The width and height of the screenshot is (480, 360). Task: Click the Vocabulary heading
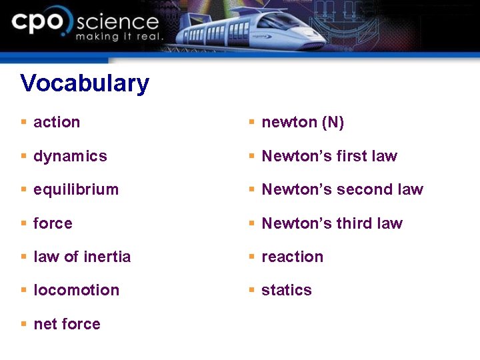85,83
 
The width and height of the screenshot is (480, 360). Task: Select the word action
57,122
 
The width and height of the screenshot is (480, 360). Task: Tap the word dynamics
70,156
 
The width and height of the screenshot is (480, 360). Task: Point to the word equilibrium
76,189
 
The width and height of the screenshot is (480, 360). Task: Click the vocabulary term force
53,223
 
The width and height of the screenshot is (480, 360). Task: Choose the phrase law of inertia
82,257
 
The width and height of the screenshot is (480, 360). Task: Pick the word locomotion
76,290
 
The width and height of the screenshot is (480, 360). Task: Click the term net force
67,324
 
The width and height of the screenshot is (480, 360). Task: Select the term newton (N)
303,122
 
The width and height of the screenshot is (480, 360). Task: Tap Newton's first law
329,156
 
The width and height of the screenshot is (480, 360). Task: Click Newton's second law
343,189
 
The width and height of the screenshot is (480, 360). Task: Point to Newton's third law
332,223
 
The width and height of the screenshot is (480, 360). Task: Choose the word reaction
292,257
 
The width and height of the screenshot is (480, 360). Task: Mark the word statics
287,290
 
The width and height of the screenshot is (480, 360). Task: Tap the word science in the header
117,23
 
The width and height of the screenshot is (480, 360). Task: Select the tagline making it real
119,37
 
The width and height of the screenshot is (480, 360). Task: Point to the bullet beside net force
23,324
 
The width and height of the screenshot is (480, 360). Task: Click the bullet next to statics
251,290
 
